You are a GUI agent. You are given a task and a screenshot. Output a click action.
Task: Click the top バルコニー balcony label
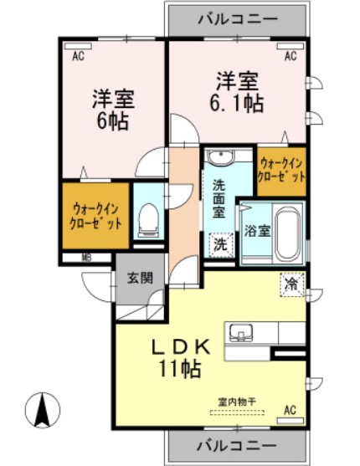click(236, 17)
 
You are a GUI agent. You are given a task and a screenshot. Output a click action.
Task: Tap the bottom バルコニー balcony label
click(236, 443)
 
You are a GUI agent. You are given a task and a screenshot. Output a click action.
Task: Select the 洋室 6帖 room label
click(112, 107)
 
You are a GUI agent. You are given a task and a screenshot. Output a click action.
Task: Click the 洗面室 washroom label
click(219, 199)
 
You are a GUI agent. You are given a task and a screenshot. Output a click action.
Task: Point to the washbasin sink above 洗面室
click(220, 159)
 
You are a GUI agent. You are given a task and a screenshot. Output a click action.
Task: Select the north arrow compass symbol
click(41, 411)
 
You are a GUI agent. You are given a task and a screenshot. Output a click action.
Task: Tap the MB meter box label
click(86, 258)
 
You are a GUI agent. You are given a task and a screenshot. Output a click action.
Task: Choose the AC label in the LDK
click(290, 410)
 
